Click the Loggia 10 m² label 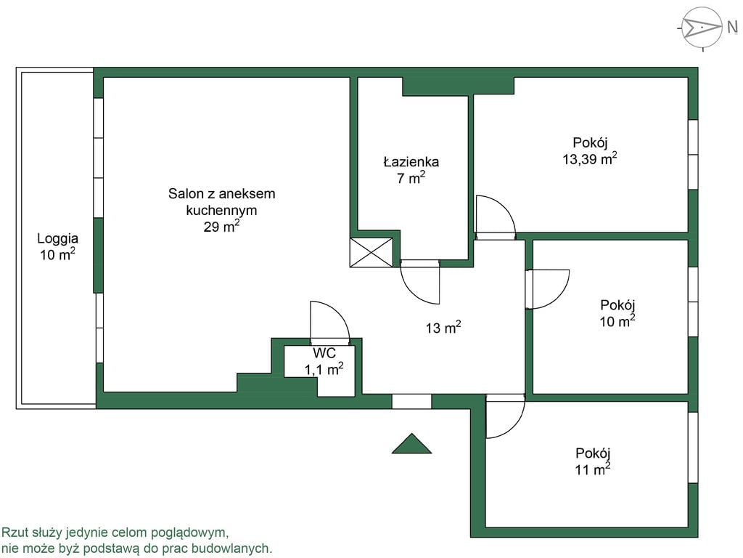tap(58, 246)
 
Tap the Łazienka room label tap(411, 162)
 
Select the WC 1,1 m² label tap(324, 361)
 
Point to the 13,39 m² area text tap(590, 158)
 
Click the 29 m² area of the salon tap(221, 227)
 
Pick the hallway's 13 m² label tap(443, 328)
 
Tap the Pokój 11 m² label tap(593, 461)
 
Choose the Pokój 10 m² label tap(617, 313)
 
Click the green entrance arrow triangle tap(411, 444)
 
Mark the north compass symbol tap(702, 28)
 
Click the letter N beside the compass tap(732, 28)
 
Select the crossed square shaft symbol tap(371, 252)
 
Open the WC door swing tap(330, 320)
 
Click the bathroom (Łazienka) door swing tap(420, 282)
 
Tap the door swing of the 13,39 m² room tap(496, 216)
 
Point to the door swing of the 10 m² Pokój tap(547, 289)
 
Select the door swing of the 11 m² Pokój tap(506, 416)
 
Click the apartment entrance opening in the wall tap(411, 401)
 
